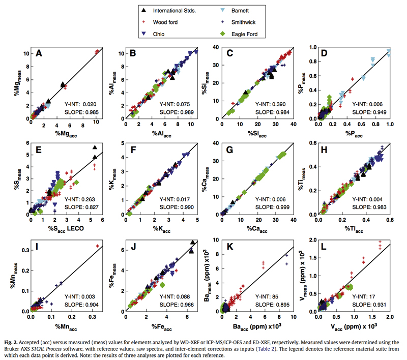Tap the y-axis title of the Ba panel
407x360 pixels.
[204, 275]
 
